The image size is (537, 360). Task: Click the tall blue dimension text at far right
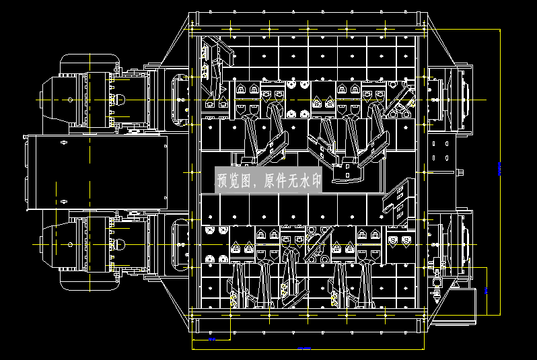499,168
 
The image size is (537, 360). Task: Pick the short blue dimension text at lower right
486,291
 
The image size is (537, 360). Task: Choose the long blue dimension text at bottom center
303,348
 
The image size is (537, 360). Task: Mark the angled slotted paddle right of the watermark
396,201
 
